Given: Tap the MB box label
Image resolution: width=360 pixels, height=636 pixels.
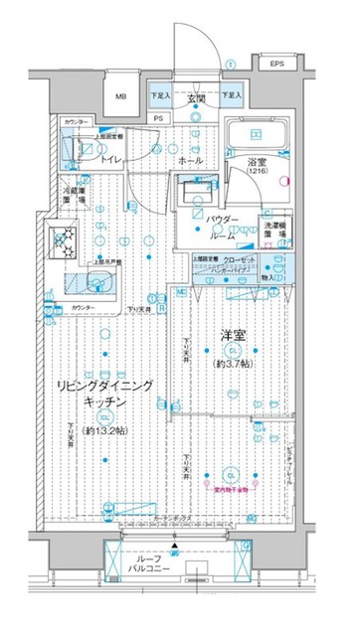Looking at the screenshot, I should pyautogui.click(x=120, y=96).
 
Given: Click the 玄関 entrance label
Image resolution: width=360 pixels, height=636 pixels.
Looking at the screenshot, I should pyautogui.click(x=196, y=98).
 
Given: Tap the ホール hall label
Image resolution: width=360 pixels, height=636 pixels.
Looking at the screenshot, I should pyautogui.click(x=192, y=160).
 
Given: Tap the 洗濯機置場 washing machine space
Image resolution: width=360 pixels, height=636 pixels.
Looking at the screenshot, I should pyautogui.click(x=276, y=228).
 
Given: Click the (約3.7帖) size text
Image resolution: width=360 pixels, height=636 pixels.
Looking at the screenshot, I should pyautogui.click(x=232, y=364).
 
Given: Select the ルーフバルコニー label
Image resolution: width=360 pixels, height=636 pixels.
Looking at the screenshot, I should pyautogui.click(x=176, y=592).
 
